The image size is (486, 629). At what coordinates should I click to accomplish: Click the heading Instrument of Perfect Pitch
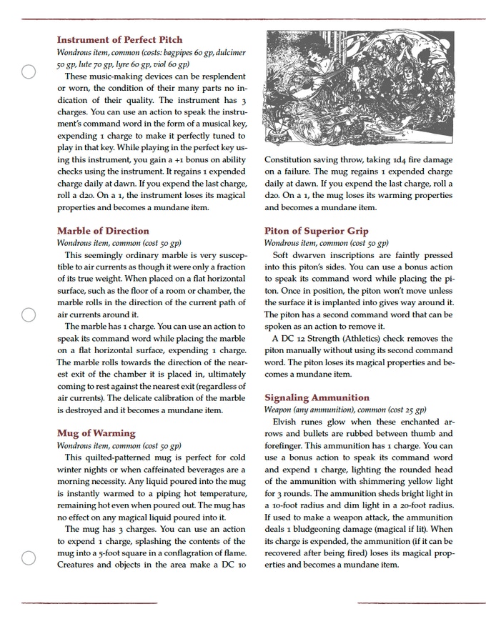119,40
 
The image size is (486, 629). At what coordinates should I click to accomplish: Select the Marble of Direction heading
103,231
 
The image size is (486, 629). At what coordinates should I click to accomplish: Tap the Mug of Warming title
96,433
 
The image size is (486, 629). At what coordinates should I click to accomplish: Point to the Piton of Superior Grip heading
317,231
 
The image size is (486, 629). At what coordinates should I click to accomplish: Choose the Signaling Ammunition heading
317,397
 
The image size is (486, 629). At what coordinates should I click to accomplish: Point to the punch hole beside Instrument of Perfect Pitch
28,71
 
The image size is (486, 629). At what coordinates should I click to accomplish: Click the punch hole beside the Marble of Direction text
28,314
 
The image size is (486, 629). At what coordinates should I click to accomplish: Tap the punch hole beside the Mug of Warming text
28,558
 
